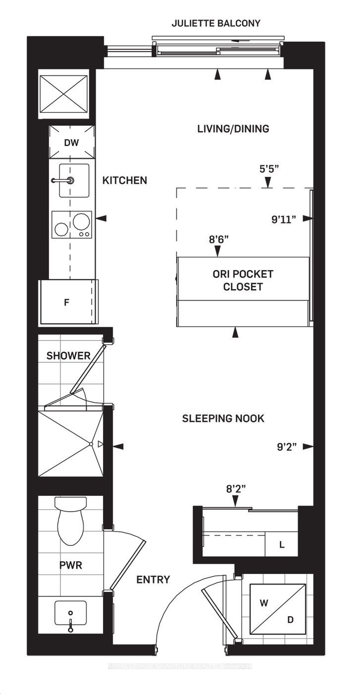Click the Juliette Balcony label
[x=216, y=23]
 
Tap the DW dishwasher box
[x=72, y=142]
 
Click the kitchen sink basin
[x=74, y=181]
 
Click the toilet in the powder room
[x=71, y=521]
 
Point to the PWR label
[x=71, y=565]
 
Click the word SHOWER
[x=68, y=355]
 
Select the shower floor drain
[x=91, y=444]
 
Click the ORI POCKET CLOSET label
[x=243, y=280]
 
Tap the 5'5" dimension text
[x=269, y=169]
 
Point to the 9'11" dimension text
[x=283, y=219]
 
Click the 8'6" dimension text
[x=219, y=239]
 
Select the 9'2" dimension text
[x=287, y=447]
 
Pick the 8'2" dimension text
[x=236, y=489]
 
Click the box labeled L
[x=281, y=544]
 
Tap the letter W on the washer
[x=264, y=603]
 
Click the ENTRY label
[x=153, y=580]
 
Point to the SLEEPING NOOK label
[x=223, y=419]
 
